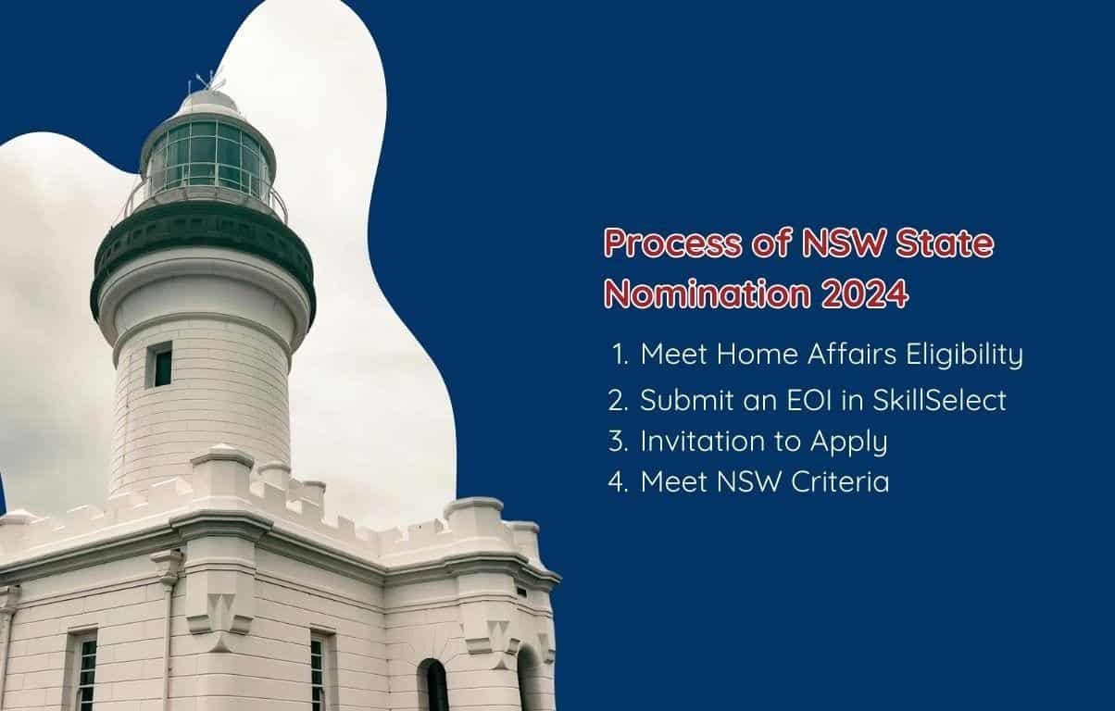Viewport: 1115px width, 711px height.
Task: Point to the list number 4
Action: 618,482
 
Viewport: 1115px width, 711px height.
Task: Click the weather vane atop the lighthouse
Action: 207,79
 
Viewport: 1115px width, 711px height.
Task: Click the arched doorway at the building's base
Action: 432,686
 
